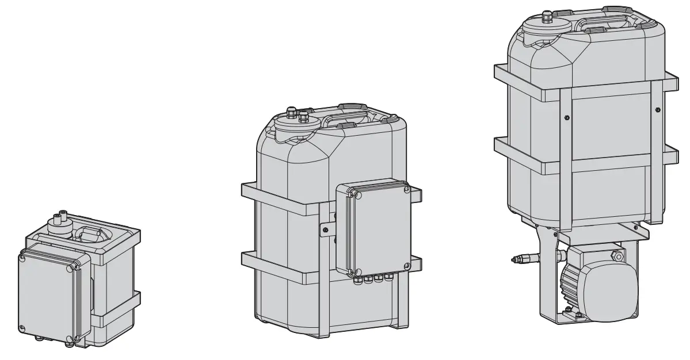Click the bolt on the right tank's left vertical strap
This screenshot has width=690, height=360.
(567, 117)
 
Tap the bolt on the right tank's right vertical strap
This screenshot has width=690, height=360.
(657, 108)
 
